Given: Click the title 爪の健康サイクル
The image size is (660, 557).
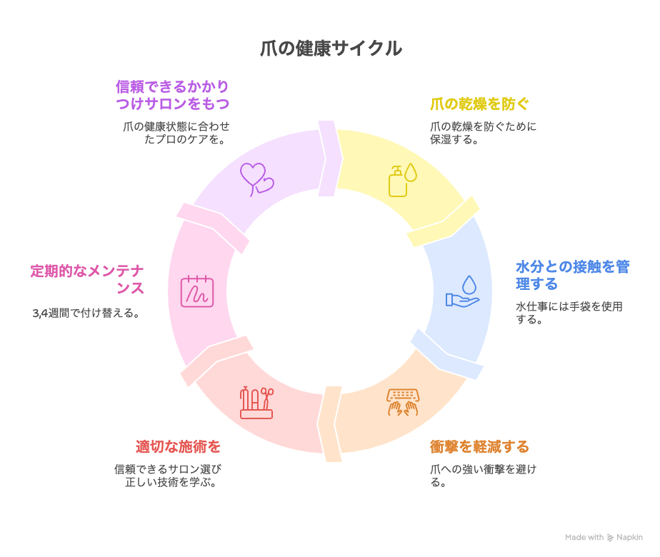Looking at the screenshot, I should tap(331, 49).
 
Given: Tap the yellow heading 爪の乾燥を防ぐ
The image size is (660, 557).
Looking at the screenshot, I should tap(479, 104).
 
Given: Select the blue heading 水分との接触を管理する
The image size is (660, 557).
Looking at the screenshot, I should tap(572, 275).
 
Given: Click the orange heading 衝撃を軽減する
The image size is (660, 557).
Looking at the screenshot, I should tap(479, 447).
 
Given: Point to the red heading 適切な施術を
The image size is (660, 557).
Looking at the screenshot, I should tap(178, 447).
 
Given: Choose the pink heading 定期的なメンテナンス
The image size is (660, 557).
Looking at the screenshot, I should tap(87, 279).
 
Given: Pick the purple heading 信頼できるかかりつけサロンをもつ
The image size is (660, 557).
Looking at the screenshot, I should tap(173, 95).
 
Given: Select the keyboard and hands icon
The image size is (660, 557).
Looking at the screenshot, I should tap(403, 402).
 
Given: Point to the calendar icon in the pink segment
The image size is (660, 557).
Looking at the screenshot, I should tap(197, 291).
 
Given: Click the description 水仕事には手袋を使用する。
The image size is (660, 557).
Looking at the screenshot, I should tap(569, 313).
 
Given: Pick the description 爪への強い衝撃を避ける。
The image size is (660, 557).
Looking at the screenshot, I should tap(483, 476).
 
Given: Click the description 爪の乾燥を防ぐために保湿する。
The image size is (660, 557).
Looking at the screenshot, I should tap(483, 133).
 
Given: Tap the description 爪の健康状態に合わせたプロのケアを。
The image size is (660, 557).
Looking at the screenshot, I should tap(176, 133).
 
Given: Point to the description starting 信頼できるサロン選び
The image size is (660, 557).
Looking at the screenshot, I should tap(169, 476).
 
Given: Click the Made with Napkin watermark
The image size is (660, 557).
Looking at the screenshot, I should tap(604, 537).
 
